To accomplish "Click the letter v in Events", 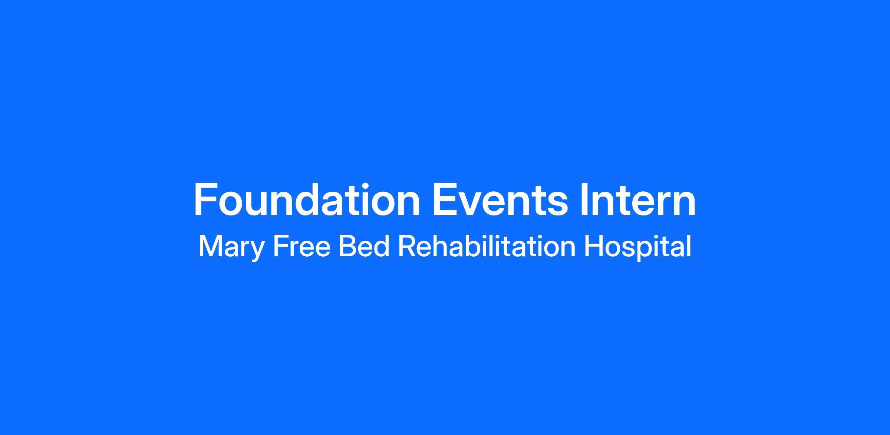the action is pyautogui.click(x=473, y=204).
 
